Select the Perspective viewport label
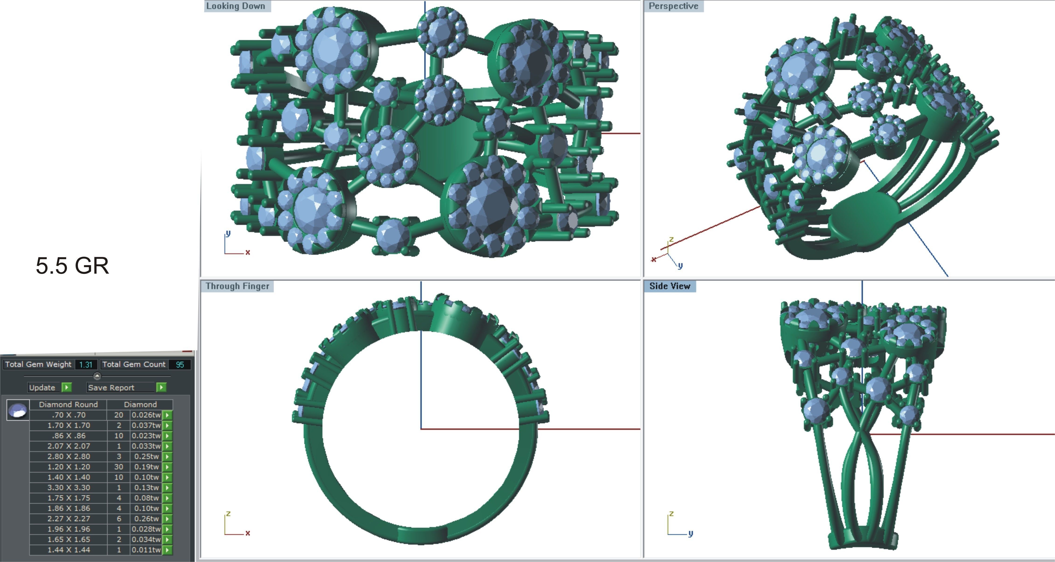(673, 6)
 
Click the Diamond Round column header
(68, 404)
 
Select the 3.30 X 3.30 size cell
(68, 487)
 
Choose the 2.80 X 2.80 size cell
(68, 456)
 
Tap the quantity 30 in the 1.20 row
(119, 467)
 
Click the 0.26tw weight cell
(146, 519)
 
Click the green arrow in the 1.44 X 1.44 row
(167, 550)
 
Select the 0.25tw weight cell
(146, 456)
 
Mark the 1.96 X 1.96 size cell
(68, 529)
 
